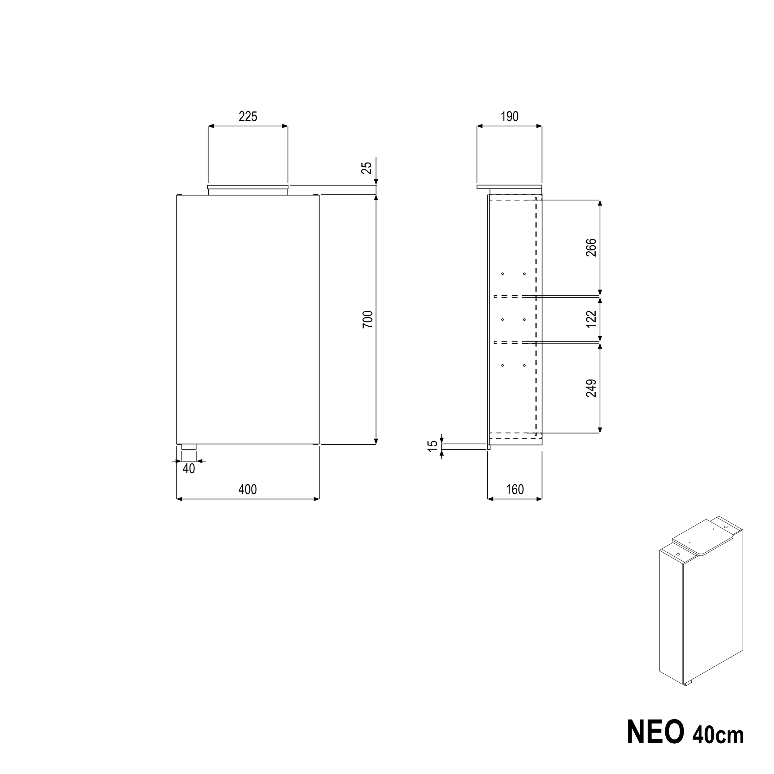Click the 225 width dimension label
coord(248,117)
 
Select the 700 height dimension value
coord(367,319)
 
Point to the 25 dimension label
coord(367,167)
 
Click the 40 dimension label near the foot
coord(188,469)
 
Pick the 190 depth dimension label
coord(510,117)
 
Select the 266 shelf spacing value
coord(591,248)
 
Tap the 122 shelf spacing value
coord(591,319)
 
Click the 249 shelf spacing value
coord(591,388)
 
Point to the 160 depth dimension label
coord(515,489)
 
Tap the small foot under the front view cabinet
coord(189,447)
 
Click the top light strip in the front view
coord(248,187)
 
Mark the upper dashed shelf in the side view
coord(509,297)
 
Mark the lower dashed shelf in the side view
coord(509,342)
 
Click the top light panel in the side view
coord(509,187)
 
